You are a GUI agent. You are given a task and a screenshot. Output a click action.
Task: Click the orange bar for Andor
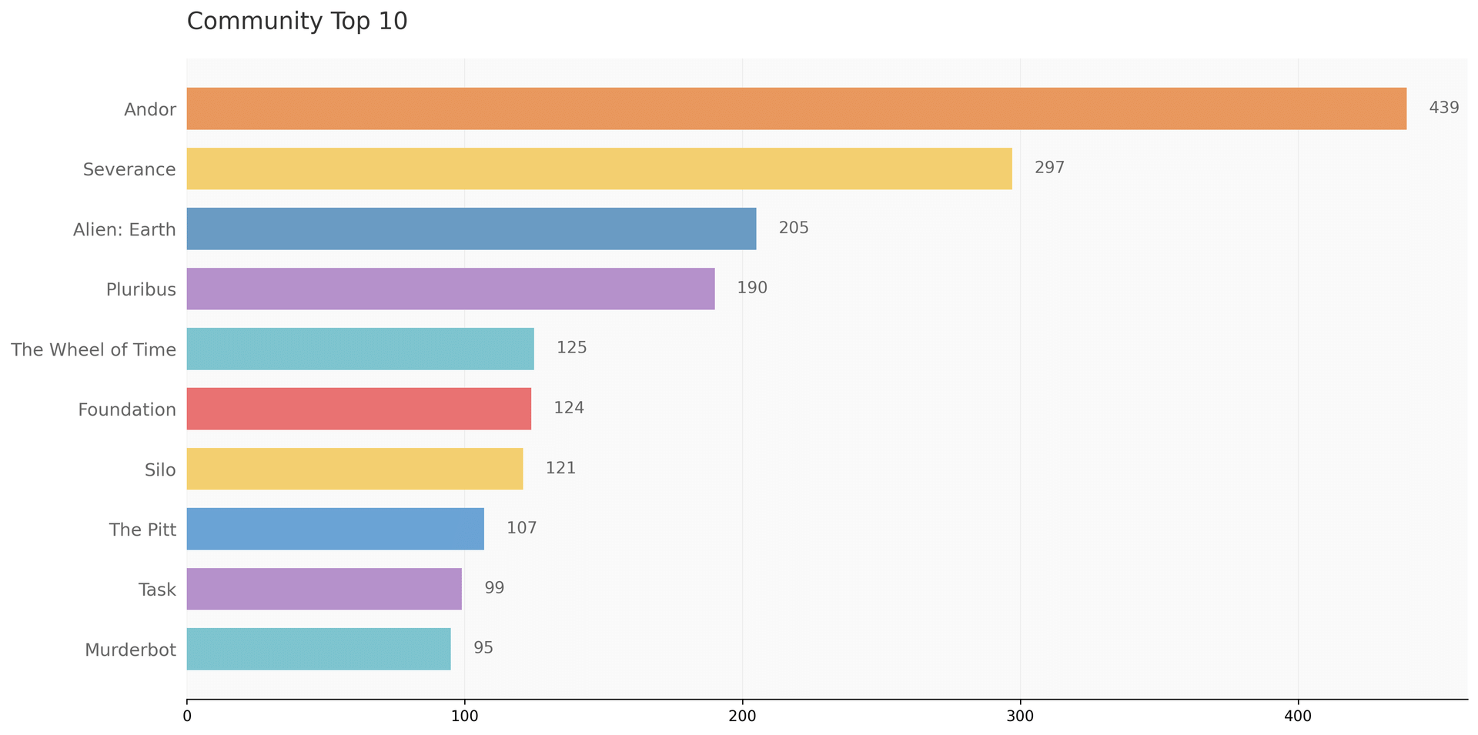(x=796, y=109)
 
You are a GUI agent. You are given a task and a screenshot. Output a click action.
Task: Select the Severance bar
(x=599, y=169)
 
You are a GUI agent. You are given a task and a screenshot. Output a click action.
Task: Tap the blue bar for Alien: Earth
(x=471, y=229)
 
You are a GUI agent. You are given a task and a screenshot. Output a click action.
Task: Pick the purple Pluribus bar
(x=450, y=289)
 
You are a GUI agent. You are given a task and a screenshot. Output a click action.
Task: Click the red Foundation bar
(x=359, y=409)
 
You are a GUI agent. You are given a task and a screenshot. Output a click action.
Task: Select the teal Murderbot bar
(x=318, y=649)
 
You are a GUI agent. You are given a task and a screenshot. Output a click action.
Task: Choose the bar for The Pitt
(x=335, y=529)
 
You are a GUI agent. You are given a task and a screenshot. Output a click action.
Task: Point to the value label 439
(x=1443, y=108)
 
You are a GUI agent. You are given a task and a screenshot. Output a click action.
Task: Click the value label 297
(x=1049, y=168)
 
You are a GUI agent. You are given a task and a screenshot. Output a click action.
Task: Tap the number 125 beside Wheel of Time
(x=571, y=348)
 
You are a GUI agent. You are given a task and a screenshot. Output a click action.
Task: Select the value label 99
(x=494, y=588)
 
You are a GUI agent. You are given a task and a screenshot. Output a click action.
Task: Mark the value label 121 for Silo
(x=560, y=468)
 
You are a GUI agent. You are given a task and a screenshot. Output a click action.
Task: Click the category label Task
(x=157, y=590)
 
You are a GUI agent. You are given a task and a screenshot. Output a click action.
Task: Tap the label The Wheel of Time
(x=93, y=349)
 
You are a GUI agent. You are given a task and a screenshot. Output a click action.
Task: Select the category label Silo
(x=160, y=469)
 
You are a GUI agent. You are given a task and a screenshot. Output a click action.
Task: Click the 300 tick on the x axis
(x=1020, y=716)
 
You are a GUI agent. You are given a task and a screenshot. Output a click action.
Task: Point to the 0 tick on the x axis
(x=187, y=716)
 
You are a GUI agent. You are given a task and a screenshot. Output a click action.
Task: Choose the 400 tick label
(x=1298, y=716)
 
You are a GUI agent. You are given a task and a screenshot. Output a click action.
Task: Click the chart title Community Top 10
(x=297, y=22)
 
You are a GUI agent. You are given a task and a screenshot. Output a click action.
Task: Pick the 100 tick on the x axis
(x=464, y=716)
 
